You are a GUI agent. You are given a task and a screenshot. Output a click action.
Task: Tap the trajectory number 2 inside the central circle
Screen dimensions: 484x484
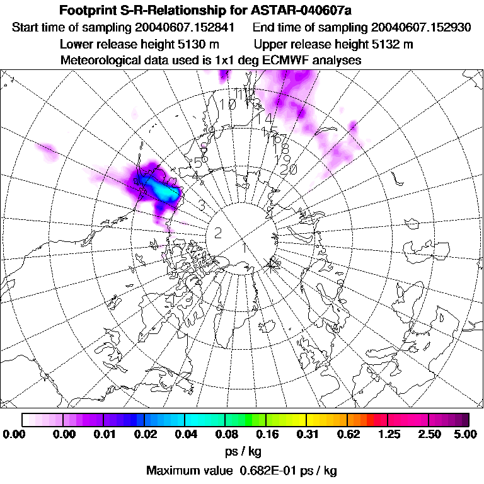tap(218, 233)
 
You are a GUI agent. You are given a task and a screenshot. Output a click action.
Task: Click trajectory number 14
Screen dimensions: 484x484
tap(266, 118)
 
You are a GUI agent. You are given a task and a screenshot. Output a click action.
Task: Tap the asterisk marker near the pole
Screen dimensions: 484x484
tap(272, 263)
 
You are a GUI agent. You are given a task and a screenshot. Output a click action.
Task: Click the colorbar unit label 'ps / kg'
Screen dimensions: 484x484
tap(243, 452)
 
